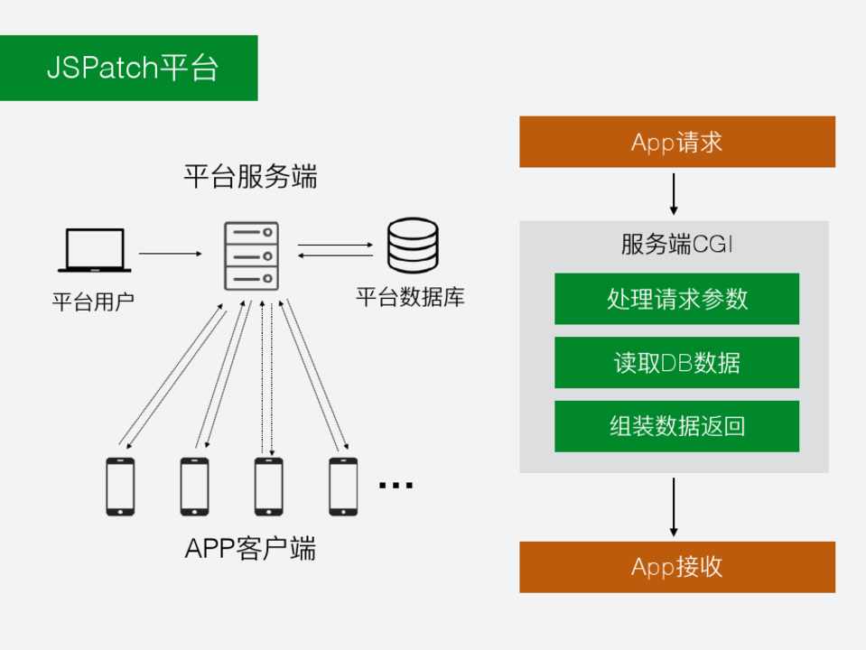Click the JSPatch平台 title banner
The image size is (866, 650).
(x=129, y=68)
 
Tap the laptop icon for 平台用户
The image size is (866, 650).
(x=94, y=250)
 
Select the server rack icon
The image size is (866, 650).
(x=250, y=256)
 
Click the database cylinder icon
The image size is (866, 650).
(x=413, y=246)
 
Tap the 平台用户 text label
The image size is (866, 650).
(x=93, y=299)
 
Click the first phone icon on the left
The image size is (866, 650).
(x=120, y=487)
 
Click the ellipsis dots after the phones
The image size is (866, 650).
(x=396, y=487)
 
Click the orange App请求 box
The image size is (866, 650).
(x=676, y=142)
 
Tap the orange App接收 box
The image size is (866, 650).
(x=676, y=567)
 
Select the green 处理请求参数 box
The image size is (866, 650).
(x=676, y=299)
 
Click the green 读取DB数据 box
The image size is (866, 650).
(x=676, y=363)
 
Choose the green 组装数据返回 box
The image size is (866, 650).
(x=676, y=426)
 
